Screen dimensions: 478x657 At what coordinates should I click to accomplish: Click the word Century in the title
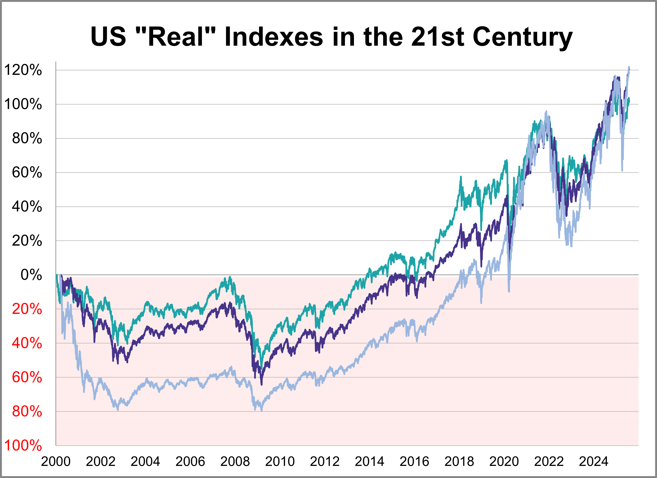(522, 37)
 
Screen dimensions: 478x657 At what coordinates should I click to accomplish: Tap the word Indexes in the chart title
(274, 37)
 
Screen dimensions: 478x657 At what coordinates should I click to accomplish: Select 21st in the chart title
(438, 37)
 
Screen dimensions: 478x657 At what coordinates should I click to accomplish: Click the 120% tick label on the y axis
(23, 70)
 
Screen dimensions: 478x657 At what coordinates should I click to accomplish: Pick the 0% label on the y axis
(31, 275)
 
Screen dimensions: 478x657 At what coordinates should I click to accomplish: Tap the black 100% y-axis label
(23, 104)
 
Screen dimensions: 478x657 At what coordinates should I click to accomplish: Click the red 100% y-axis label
(23, 446)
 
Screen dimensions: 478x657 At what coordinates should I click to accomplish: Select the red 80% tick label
(27, 412)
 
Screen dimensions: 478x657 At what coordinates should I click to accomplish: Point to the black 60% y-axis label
(27, 173)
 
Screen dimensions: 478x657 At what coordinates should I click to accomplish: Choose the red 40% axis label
(27, 343)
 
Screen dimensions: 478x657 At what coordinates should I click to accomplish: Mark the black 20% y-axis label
(27, 241)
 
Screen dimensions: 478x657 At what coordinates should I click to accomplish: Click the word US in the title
(108, 37)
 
